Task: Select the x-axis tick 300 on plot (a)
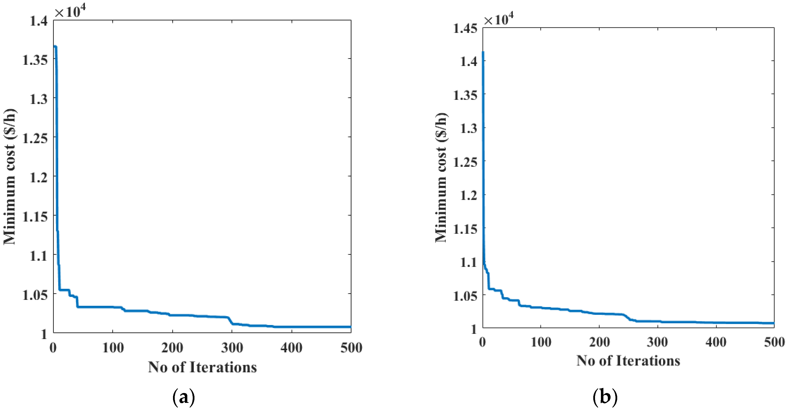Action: [x=232, y=347]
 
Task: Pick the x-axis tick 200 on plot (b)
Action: [x=599, y=342]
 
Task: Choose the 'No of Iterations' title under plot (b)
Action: [x=628, y=361]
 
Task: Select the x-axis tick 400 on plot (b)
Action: [x=716, y=342]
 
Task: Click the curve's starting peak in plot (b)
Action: [x=483, y=52]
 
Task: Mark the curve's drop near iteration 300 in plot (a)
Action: [x=231, y=320]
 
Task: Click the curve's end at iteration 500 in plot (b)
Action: [x=773, y=323]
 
